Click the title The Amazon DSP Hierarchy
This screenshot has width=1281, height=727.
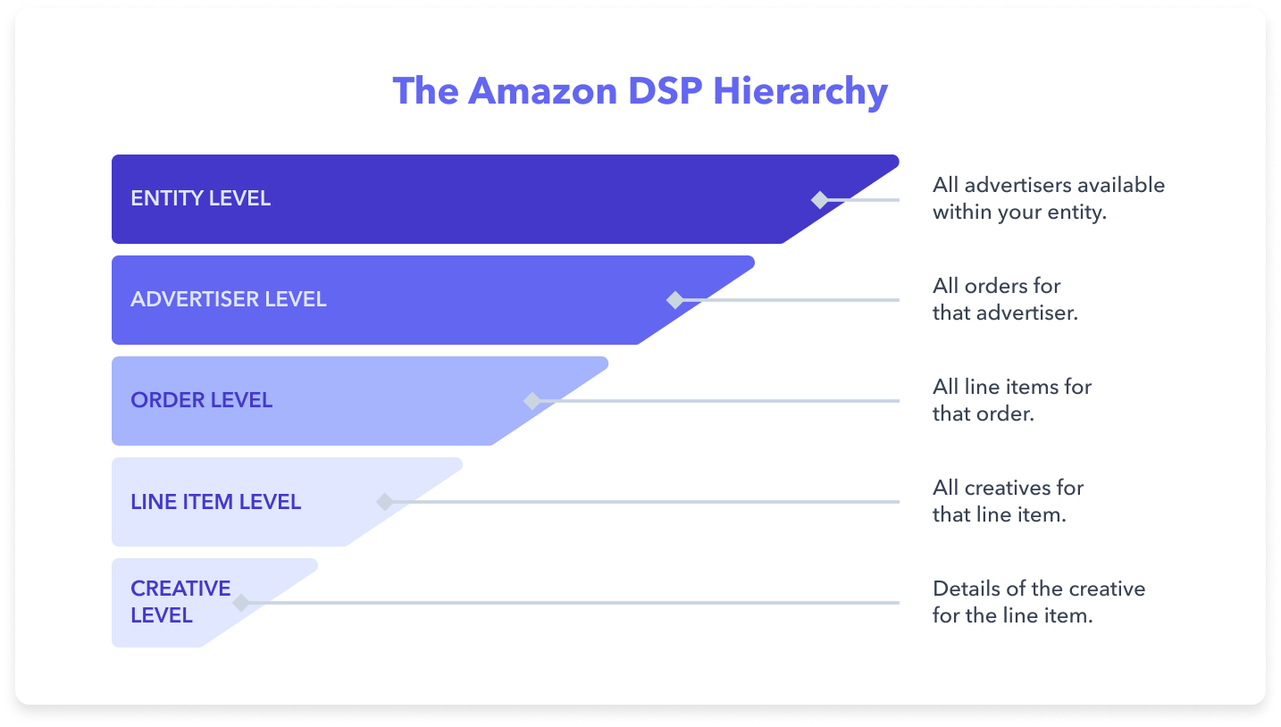click(640, 92)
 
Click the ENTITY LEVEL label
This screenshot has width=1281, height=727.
click(200, 198)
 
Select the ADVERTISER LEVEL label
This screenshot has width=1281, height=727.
click(229, 299)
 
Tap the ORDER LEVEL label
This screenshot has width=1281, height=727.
click(201, 400)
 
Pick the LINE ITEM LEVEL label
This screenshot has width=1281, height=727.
click(215, 502)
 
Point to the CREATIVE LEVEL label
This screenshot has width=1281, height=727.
click(180, 602)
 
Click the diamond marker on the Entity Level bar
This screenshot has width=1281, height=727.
click(819, 200)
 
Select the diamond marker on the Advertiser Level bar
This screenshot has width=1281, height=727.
click(675, 300)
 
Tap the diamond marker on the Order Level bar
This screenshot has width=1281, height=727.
click(532, 401)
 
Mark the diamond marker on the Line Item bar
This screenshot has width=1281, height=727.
click(385, 502)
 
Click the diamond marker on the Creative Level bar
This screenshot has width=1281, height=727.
click(240, 603)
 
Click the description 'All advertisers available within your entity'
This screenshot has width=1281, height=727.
click(1048, 198)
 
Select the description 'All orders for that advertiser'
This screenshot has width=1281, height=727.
click(1004, 299)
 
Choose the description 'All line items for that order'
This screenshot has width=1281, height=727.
click(1011, 400)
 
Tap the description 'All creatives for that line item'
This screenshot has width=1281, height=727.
click(1007, 501)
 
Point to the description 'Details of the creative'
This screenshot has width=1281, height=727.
click(1038, 602)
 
